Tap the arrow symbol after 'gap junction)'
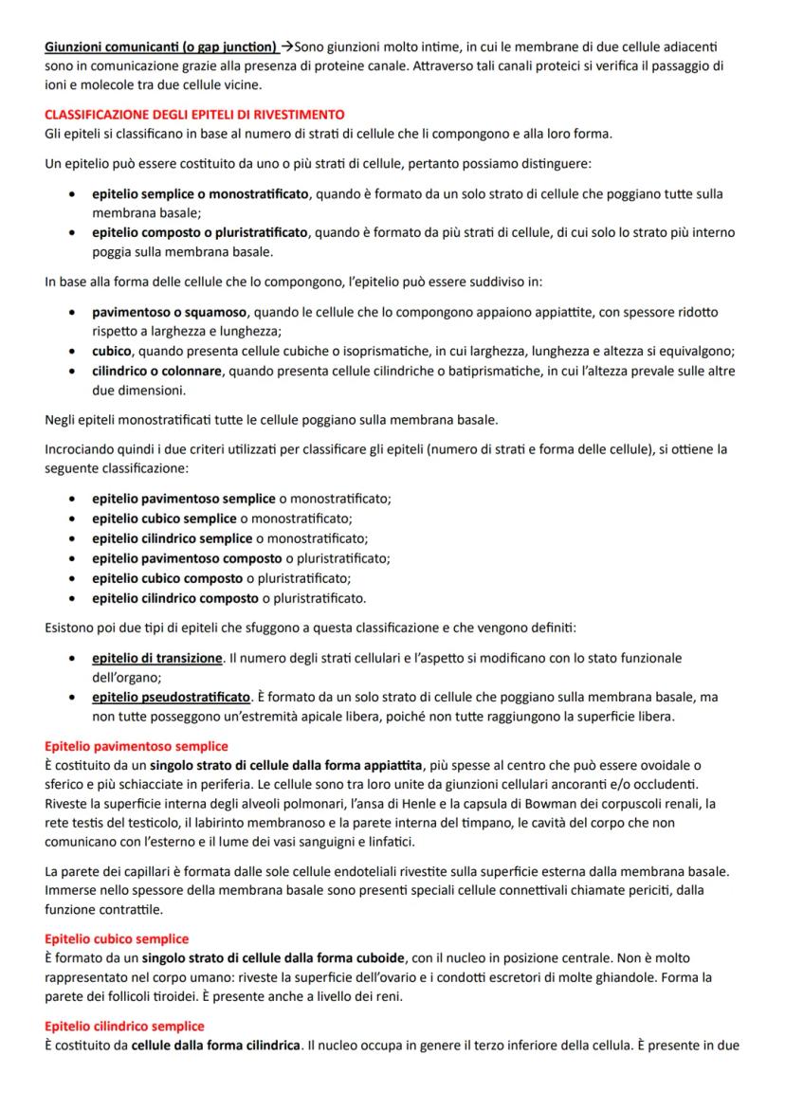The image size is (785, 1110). coord(287,46)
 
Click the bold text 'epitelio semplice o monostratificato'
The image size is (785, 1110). coord(200,194)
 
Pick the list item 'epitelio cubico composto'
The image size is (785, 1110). coord(168,578)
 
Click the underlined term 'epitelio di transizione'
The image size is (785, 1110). coord(157,658)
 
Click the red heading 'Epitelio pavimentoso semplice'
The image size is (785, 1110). coord(137,746)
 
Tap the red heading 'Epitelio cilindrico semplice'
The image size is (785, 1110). coord(124,1027)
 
